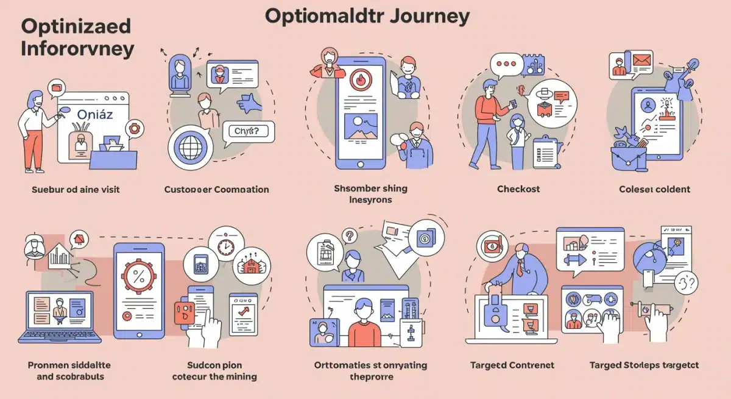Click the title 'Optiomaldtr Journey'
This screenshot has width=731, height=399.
(x=367, y=16)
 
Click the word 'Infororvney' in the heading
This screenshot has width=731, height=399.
(x=77, y=49)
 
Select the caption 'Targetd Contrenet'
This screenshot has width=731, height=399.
(x=512, y=365)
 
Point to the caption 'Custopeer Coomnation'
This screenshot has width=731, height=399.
(x=216, y=189)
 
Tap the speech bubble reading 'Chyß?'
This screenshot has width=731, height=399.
(x=246, y=131)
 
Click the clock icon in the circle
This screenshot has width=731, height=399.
(x=226, y=246)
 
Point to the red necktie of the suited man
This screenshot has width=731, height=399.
(x=519, y=267)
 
